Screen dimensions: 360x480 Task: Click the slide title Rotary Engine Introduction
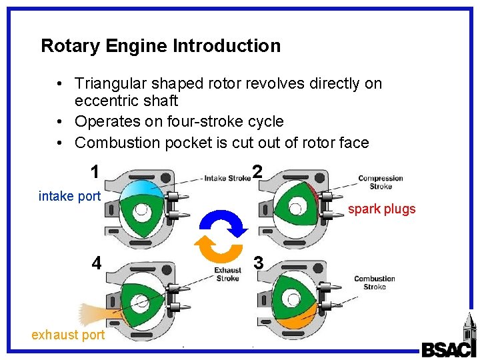pyautogui.click(x=161, y=46)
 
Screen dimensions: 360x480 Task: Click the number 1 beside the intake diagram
pyautogui.click(x=95, y=172)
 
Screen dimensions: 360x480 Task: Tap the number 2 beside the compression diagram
pyautogui.click(x=257, y=172)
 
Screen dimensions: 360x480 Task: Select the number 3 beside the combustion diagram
pyautogui.click(x=259, y=264)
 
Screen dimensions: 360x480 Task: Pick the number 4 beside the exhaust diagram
pyautogui.click(x=97, y=263)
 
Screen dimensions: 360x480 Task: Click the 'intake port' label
pyautogui.click(x=69, y=196)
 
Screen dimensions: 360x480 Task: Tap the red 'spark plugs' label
pyautogui.click(x=381, y=209)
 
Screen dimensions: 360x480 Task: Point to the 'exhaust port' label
pyautogui.click(x=68, y=335)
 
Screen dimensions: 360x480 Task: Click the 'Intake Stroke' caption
pyautogui.click(x=227, y=178)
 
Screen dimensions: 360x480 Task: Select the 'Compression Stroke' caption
pyautogui.click(x=381, y=182)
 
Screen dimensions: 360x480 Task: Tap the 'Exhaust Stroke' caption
pyautogui.click(x=227, y=274)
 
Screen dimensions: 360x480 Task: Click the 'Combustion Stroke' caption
pyautogui.click(x=375, y=283)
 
